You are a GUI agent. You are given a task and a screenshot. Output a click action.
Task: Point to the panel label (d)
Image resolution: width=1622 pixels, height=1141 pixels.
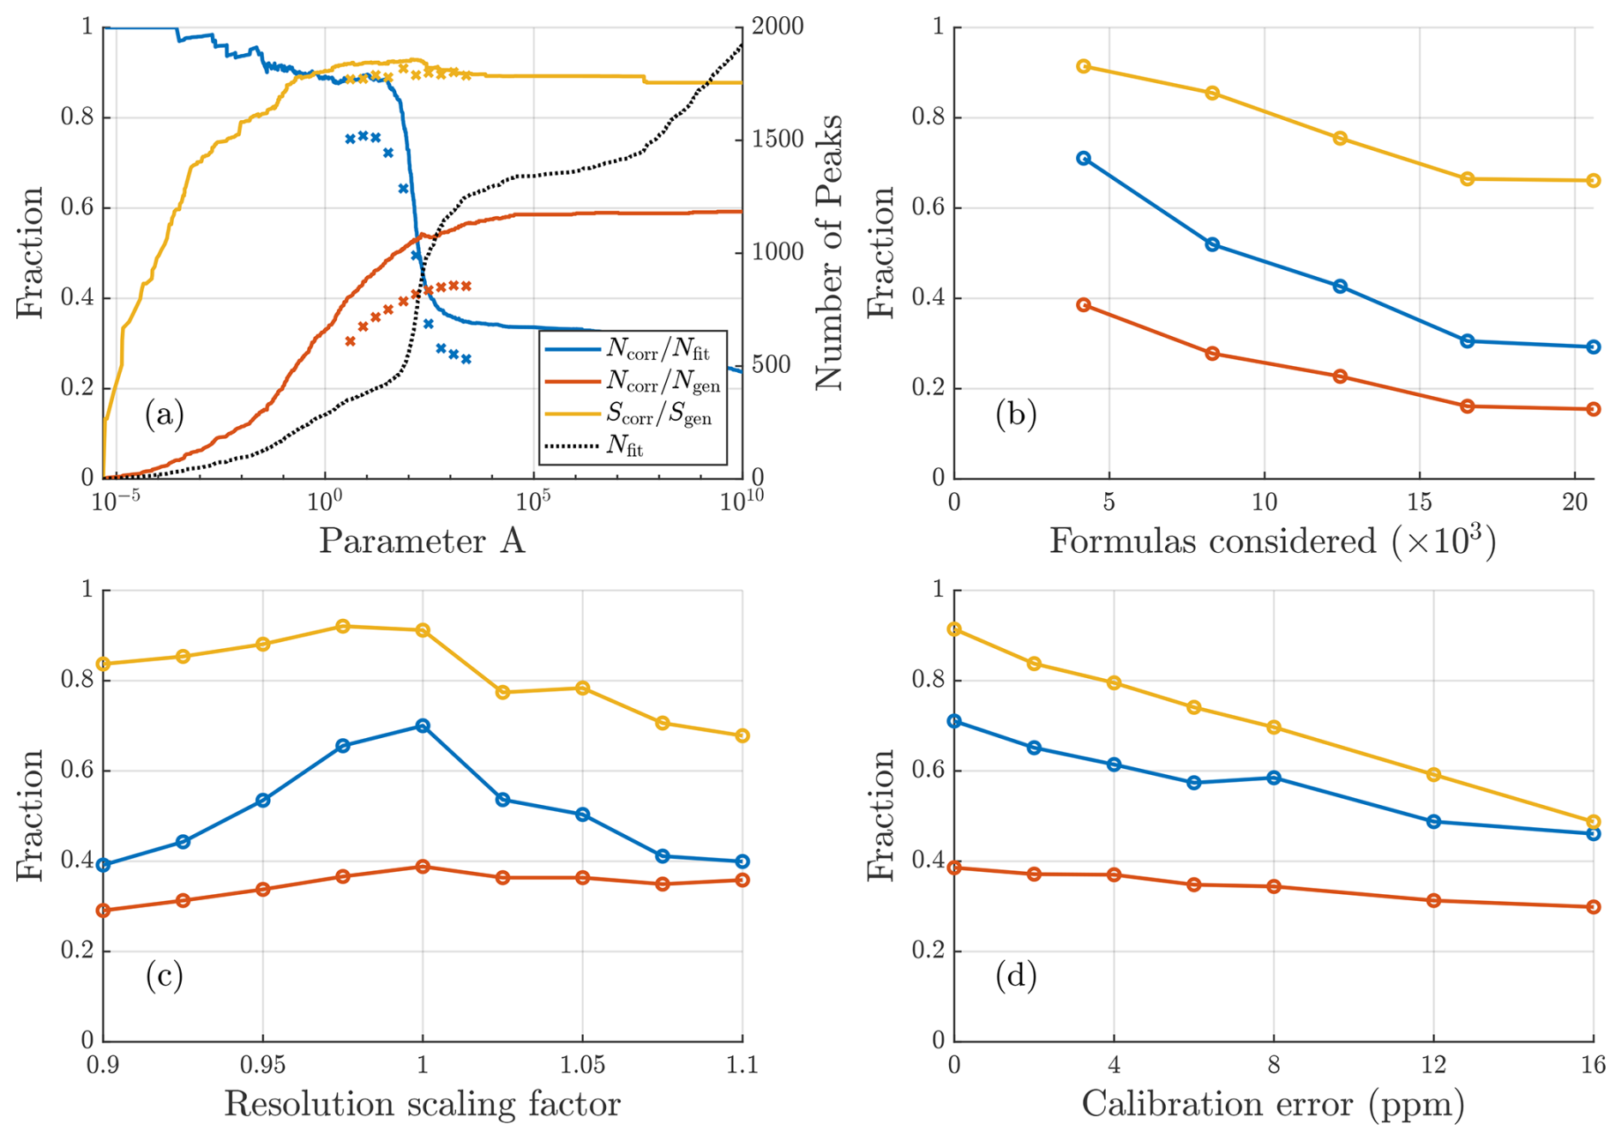tap(1016, 976)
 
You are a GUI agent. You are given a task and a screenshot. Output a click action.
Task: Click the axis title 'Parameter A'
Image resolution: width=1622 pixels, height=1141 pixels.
tap(422, 541)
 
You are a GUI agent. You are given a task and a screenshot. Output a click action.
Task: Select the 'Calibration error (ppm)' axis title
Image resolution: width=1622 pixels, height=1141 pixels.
tap(1273, 1104)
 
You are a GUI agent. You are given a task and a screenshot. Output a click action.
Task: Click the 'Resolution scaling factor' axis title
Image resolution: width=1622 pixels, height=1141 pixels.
tap(422, 1104)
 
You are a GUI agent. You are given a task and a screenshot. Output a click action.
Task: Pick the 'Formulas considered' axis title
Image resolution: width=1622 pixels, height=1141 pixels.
tap(1273, 541)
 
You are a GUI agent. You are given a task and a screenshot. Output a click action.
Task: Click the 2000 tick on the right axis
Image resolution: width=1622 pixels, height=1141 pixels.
tap(778, 27)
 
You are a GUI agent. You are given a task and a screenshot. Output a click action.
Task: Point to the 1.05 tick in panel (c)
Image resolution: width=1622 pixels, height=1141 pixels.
tap(583, 1065)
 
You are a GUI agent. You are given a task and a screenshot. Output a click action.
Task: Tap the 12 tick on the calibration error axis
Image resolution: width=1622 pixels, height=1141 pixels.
tap(1433, 1065)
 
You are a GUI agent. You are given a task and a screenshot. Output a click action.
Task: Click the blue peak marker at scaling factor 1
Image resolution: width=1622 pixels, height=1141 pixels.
tap(423, 726)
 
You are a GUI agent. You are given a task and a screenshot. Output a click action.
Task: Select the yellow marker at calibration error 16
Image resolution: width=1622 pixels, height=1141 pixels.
tap(1594, 821)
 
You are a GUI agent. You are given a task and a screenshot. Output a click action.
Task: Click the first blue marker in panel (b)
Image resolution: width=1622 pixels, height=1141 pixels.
tap(1084, 159)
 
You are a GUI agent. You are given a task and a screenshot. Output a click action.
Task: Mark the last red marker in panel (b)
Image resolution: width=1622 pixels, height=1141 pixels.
tap(1594, 409)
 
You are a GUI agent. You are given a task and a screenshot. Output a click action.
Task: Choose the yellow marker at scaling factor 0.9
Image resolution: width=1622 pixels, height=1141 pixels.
tap(104, 664)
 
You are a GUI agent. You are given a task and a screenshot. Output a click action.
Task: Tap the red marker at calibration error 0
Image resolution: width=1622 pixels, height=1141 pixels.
tap(954, 868)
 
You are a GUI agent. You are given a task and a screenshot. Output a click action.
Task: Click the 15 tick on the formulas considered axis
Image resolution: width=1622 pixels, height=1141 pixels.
tap(1420, 502)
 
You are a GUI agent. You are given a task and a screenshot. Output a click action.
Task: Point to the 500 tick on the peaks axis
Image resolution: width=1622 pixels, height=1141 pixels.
tap(772, 364)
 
